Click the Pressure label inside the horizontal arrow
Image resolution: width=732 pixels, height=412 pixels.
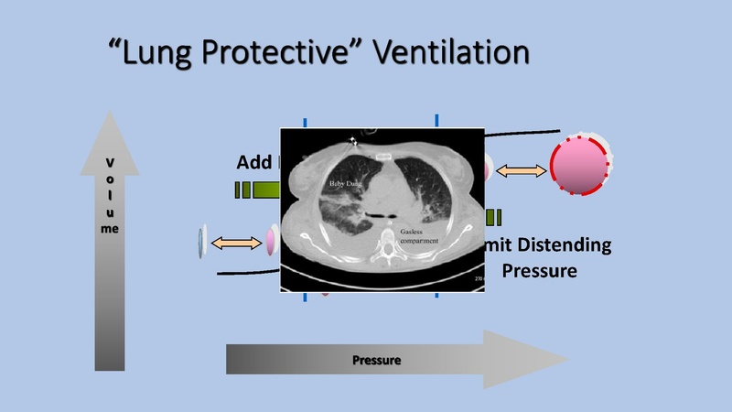377,359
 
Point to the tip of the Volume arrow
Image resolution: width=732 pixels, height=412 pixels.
110,115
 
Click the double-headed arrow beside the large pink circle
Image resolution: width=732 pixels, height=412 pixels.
521,169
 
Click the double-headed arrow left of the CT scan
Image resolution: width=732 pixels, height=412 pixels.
236,242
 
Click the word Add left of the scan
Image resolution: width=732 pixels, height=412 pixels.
255,163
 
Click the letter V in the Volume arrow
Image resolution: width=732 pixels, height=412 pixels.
110,163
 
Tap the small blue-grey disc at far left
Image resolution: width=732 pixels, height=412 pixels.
199,242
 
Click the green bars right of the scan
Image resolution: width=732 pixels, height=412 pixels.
494,217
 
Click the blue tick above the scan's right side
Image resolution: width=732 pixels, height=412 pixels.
437,120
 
